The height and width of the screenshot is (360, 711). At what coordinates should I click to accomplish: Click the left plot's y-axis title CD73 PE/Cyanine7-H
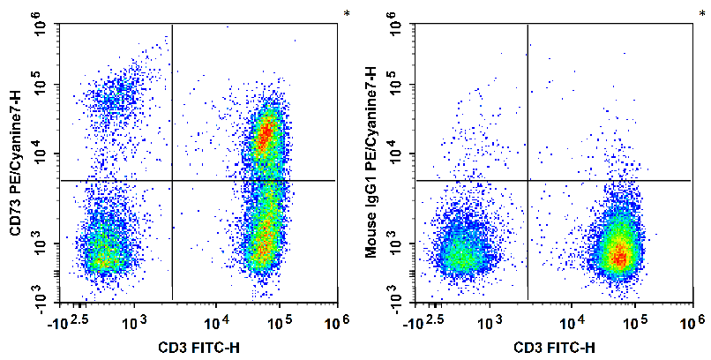coord(14,162)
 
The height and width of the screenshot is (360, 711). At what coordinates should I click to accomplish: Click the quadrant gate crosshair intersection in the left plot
coord(171,180)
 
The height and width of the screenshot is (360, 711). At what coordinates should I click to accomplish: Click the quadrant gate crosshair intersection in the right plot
coord(528,180)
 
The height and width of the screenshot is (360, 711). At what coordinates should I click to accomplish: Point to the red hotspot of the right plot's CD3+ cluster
coord(620,256)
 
